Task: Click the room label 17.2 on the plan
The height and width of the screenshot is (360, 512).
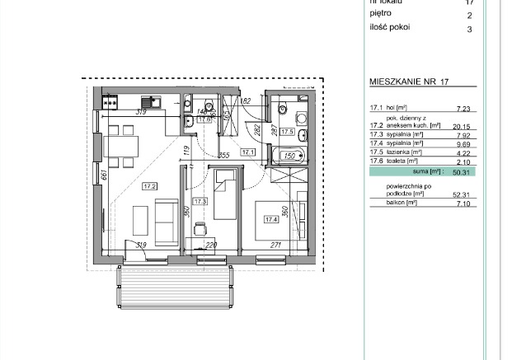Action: (150, 185)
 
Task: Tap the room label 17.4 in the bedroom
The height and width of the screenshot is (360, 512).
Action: (271, 219)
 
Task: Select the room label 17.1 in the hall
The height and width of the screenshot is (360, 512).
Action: (248, 152)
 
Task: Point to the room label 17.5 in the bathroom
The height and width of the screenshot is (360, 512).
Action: (287, 131)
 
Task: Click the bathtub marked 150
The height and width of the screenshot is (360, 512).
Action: (289, 155)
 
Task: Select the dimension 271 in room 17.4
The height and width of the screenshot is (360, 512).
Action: (278, 245)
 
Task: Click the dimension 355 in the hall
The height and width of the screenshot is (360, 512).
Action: (223, 155)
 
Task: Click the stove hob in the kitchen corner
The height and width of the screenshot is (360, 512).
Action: (111, 102)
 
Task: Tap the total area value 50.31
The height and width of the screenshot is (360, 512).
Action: (459, 172)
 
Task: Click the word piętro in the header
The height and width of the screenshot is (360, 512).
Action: (382, 15)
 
